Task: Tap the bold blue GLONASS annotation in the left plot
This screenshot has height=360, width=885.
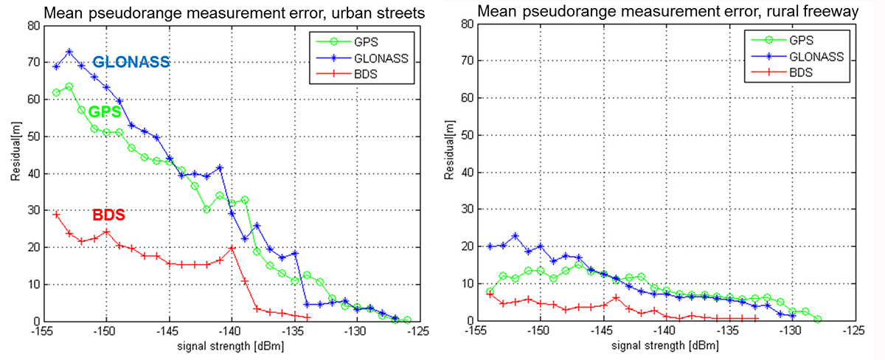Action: [x=131, y=63]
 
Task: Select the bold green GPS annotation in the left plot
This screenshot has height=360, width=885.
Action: [x=105, y=113]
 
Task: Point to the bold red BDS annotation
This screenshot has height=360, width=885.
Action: [x=108, y=216]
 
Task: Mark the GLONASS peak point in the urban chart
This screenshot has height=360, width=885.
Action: [x=69, y=52]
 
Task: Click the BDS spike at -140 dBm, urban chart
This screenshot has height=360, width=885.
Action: [x=232, y=248]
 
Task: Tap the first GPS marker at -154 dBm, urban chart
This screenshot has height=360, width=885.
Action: [x=57, y=92]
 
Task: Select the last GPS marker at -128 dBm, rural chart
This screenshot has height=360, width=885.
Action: [x=817, y=319]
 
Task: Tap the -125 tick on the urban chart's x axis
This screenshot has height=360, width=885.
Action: [x=420, y=331]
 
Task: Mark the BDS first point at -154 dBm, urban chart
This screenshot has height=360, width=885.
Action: [x=57, y=214]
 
